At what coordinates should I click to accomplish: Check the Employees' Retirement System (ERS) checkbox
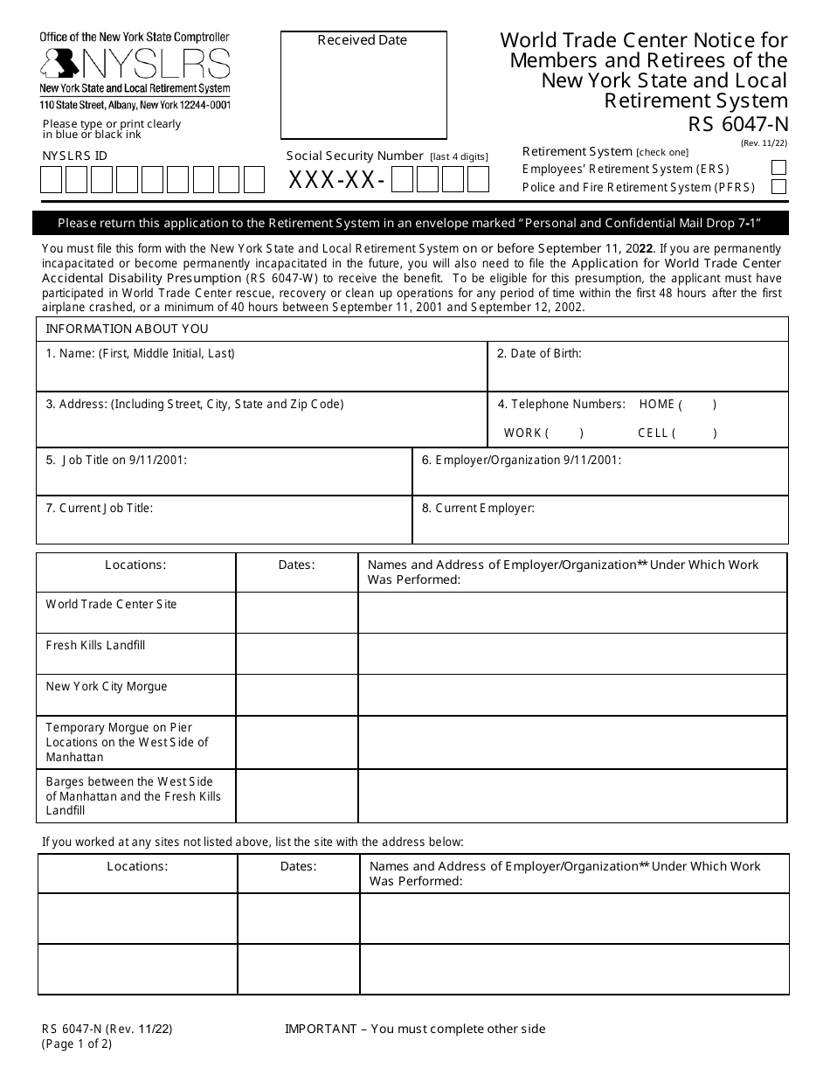[778, 168]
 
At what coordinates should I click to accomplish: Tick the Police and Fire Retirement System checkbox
[778, 186]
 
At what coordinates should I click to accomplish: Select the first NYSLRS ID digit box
[52, 180]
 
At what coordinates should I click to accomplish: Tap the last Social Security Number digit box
[478, 180]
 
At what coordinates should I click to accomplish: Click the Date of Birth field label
[539, 354]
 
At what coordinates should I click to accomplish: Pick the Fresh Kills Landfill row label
[95, 645]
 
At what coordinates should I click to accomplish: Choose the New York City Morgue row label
[106, 686]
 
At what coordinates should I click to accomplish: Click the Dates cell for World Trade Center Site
[296, 613]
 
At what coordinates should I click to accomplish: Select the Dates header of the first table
[296, 565]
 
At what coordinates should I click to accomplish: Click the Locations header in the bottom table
[137, 866]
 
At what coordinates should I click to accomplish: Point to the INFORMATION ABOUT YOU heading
[127, 329]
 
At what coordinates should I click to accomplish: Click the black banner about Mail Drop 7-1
[411, 223]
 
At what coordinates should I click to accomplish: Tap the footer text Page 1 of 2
[77, 1044]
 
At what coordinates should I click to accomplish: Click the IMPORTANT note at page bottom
[415, 1029]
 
